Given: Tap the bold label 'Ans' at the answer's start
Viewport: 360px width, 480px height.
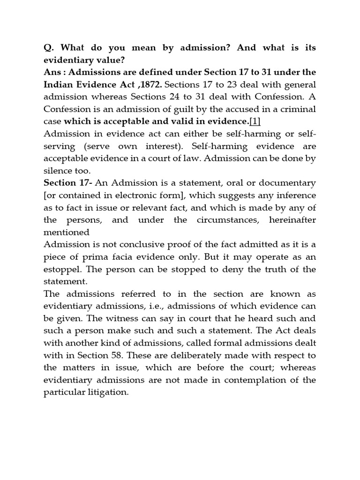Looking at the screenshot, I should coord(52,73).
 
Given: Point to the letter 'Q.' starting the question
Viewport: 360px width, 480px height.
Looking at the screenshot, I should coord(48,48).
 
